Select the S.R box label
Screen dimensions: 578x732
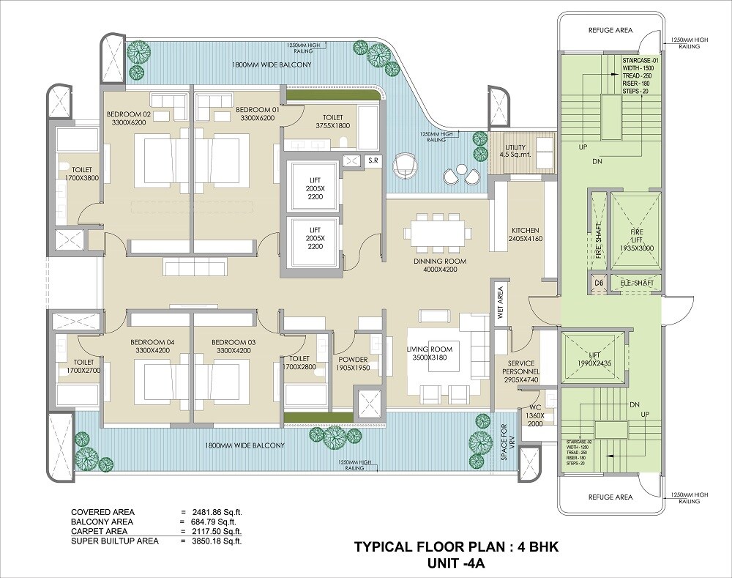tap(372, 160)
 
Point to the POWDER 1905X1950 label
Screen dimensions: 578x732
tap(353, 363)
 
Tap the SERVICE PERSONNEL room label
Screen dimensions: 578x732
tap(521, 368)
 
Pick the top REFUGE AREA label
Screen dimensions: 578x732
tap(610, 30)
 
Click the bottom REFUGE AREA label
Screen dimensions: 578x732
tap(610, 497)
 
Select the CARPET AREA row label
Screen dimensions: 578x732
tap(99, 531)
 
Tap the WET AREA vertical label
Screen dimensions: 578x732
tap(501, 302)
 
